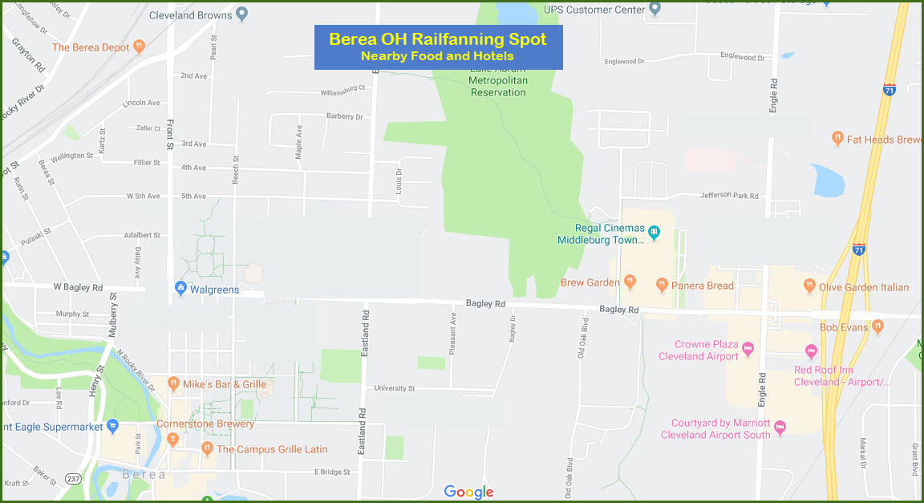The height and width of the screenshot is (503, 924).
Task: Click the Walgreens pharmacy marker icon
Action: [x=181, y=288]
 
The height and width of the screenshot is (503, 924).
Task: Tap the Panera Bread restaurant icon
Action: [x=662, y=284]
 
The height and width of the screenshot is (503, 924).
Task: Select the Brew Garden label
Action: [x=590, y=282]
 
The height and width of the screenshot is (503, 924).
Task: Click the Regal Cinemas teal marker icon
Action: [x=654, y=233]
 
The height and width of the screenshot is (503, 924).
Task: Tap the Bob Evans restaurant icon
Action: [x=877, y=326]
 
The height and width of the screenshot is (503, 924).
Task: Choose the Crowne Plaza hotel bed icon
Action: [x=748, y=348]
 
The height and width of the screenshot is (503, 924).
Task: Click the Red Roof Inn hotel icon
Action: [x=811, y=351]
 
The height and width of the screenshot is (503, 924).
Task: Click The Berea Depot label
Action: [x=91, y=47]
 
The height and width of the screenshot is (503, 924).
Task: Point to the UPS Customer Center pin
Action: [x=655, y=10]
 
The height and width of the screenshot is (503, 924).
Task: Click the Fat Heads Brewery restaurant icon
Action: [x=837, y=138]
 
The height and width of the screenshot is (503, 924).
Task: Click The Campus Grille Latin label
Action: [x=272, y=449]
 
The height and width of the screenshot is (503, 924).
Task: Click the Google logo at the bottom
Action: [x=468, y=492]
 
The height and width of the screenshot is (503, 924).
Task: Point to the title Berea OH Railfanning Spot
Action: [x=438, y=39]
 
